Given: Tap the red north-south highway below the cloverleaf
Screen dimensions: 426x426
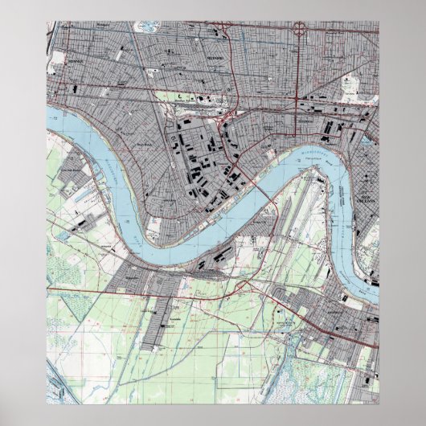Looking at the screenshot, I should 299,72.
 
